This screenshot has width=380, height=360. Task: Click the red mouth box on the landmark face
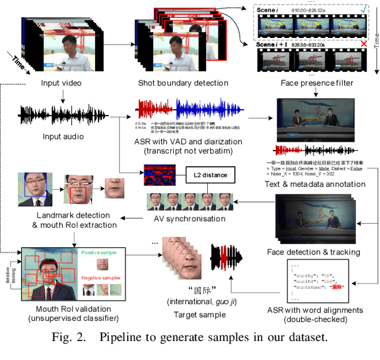point(78,193)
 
